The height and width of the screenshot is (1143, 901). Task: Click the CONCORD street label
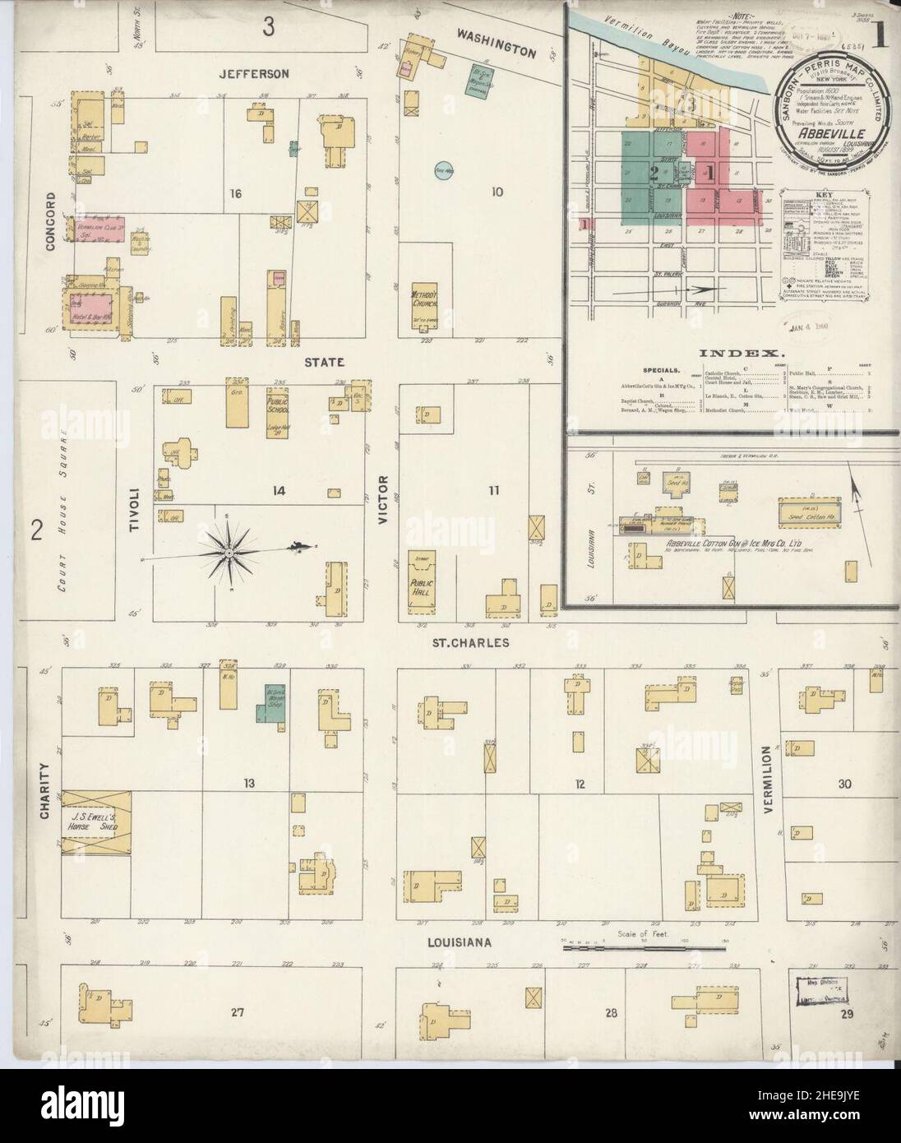point(51,215)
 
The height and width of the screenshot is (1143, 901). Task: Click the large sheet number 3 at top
point(268,27)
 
